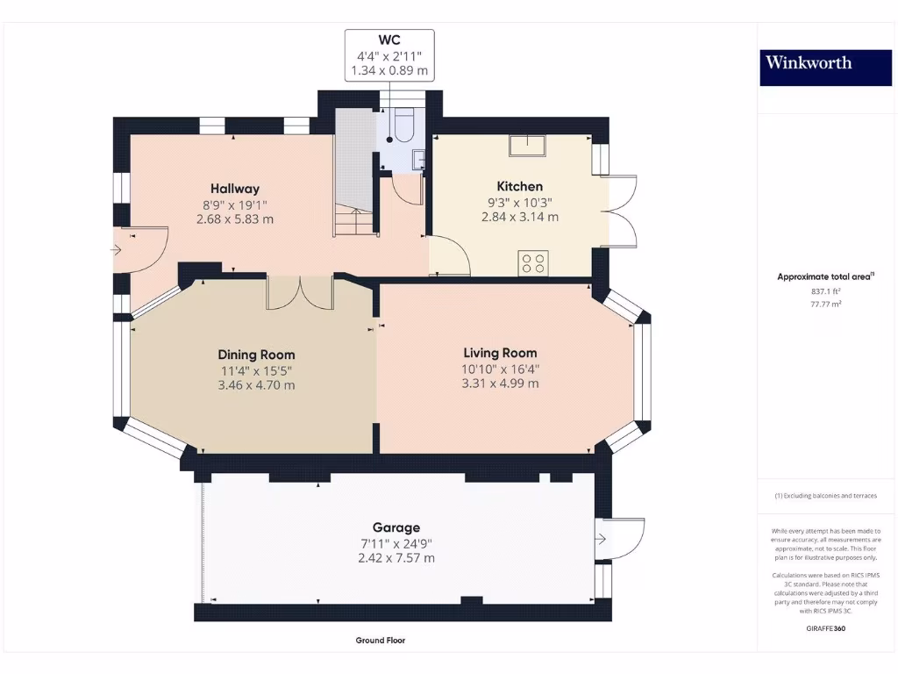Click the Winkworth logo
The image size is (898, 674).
point(825,68)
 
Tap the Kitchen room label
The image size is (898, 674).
point(519,186)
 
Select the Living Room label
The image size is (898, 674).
point(500,353)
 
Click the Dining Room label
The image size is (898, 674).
point(256,355)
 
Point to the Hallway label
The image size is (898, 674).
point(235,189)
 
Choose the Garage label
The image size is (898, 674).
point(396,527)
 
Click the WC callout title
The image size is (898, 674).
point(388,40)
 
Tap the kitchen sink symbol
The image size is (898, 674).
point(527,146)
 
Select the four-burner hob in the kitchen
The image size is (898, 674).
point(533,263)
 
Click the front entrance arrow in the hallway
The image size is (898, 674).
point(117,250)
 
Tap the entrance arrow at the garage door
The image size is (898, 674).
point(600,539)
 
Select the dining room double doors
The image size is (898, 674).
point(300,293)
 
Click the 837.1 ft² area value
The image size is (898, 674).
point(825,291)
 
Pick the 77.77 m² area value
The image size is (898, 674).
point(825,304)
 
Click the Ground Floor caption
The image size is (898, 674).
point(381,640)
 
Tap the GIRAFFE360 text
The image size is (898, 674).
point(825,628)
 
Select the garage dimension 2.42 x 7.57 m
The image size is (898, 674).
point(396,557)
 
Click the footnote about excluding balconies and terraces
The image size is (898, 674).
point(825,496)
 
